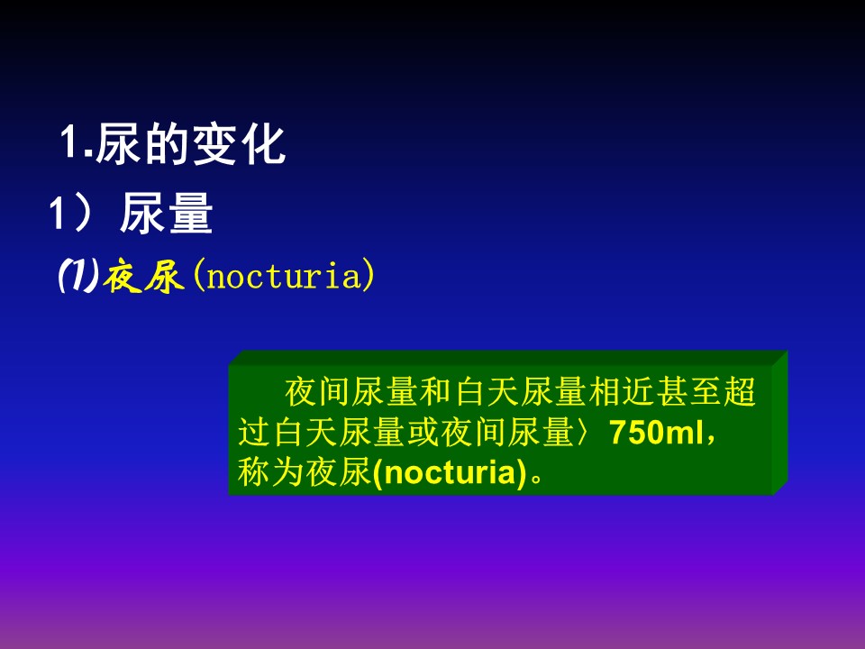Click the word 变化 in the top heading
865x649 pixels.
[x=239, y=144]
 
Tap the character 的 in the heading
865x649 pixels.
[x=167, y=144]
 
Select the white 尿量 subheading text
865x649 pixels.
[x=166, y=213]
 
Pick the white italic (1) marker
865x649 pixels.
[x=79, y=275]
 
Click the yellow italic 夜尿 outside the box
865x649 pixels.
[x=143, y=276]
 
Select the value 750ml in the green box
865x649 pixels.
[x=657, y=432]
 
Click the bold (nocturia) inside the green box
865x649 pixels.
[x=450, y=472]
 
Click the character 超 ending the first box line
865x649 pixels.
[x=740, y=392]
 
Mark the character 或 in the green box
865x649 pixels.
[x=423, y=432]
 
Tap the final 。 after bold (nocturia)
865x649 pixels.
[x=536, y=477]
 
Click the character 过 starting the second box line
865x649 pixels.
[x=254, y=432]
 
